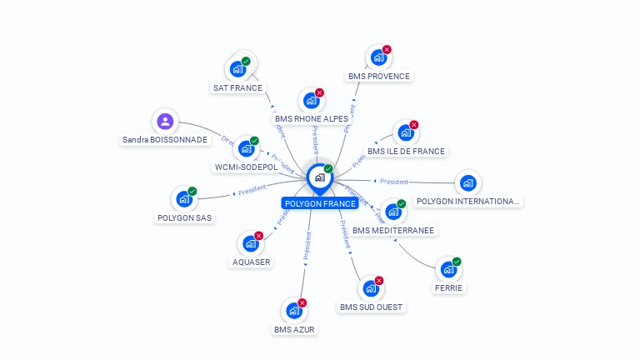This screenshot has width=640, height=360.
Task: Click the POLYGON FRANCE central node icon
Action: (319, 177)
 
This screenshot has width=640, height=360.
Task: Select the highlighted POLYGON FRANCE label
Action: (320, 203)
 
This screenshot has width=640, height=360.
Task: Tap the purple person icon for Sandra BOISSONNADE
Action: (165, 122)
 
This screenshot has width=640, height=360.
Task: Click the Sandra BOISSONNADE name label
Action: (165, 140)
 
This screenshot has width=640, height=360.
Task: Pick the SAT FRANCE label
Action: (237, 87)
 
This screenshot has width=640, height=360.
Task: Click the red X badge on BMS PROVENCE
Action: (387, 50)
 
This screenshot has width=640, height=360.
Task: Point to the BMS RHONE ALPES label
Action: (312, 118)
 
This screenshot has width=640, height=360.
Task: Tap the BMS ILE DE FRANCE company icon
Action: (405, 132)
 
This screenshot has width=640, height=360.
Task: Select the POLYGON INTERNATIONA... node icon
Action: (467, 182)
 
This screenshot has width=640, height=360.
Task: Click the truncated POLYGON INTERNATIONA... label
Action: (467, 201)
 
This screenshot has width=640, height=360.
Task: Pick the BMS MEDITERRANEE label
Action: (393, 230)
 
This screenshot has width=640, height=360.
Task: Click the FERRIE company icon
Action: (448, 269)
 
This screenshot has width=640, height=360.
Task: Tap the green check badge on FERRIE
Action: (457, 262)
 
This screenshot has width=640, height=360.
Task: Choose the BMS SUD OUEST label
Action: (371, 307)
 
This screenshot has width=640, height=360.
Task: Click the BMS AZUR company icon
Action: (294, 311)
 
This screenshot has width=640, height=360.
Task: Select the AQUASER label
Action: (251, 262)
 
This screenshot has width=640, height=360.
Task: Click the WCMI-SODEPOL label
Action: (246, 167)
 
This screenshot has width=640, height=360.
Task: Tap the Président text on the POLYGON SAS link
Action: (252, 190)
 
